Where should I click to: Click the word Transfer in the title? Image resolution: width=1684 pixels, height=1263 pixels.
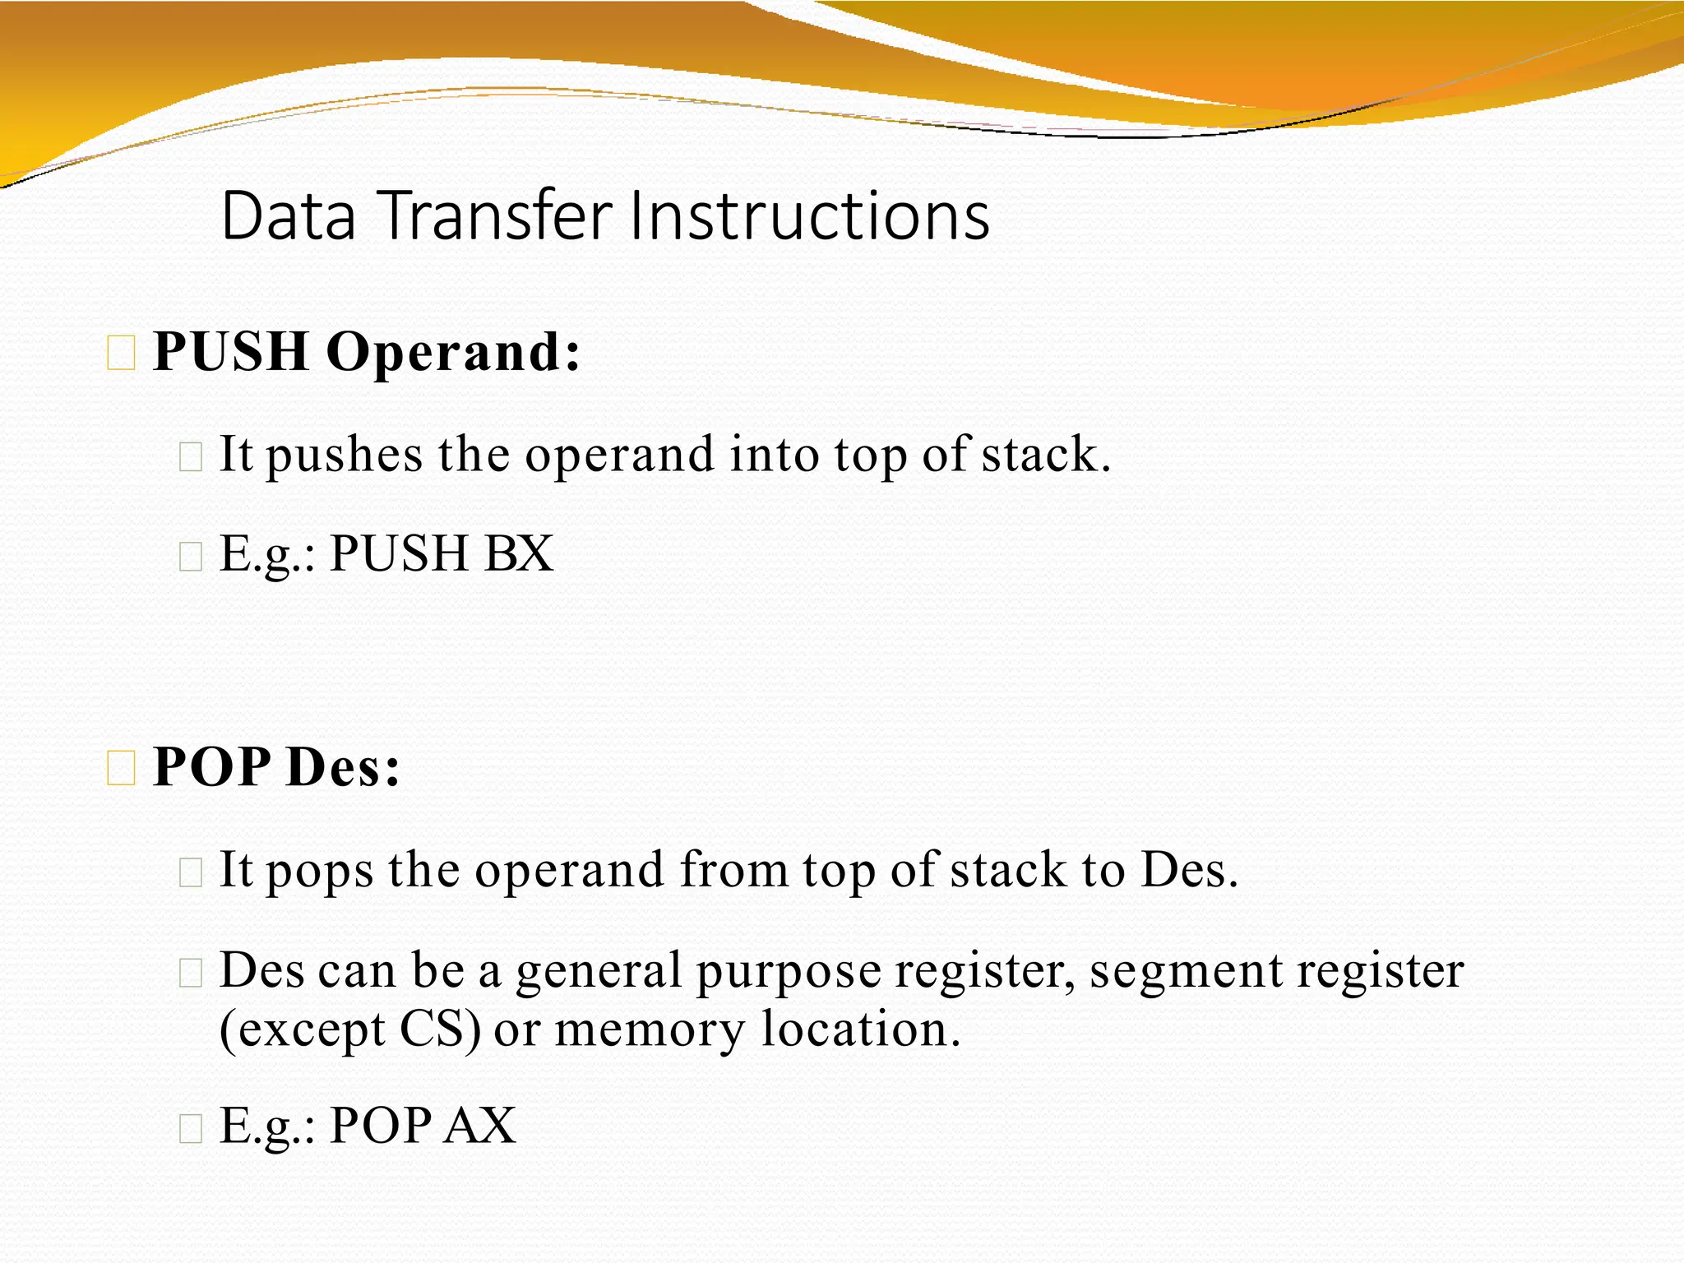[497, 215]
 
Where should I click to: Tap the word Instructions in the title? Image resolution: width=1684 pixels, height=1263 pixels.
[809, 215]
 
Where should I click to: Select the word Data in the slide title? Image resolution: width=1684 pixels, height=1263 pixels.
[289, 215]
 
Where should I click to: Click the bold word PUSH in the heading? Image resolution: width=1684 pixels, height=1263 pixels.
[231, 352]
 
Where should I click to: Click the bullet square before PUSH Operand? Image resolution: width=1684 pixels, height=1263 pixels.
[121, 354]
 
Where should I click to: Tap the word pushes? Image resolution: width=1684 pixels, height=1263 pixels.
[345, 456]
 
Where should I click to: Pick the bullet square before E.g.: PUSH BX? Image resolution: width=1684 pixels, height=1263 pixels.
[190, 557]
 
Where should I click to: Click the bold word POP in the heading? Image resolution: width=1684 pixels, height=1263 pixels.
[211, 767]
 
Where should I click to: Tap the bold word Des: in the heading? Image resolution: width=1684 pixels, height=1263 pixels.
[343, 767]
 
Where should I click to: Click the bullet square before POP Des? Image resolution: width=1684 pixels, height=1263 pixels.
[121, 769]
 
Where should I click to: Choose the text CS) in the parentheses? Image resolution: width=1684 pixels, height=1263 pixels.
[441, 1029]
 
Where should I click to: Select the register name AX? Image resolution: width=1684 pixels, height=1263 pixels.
[480, 1126]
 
